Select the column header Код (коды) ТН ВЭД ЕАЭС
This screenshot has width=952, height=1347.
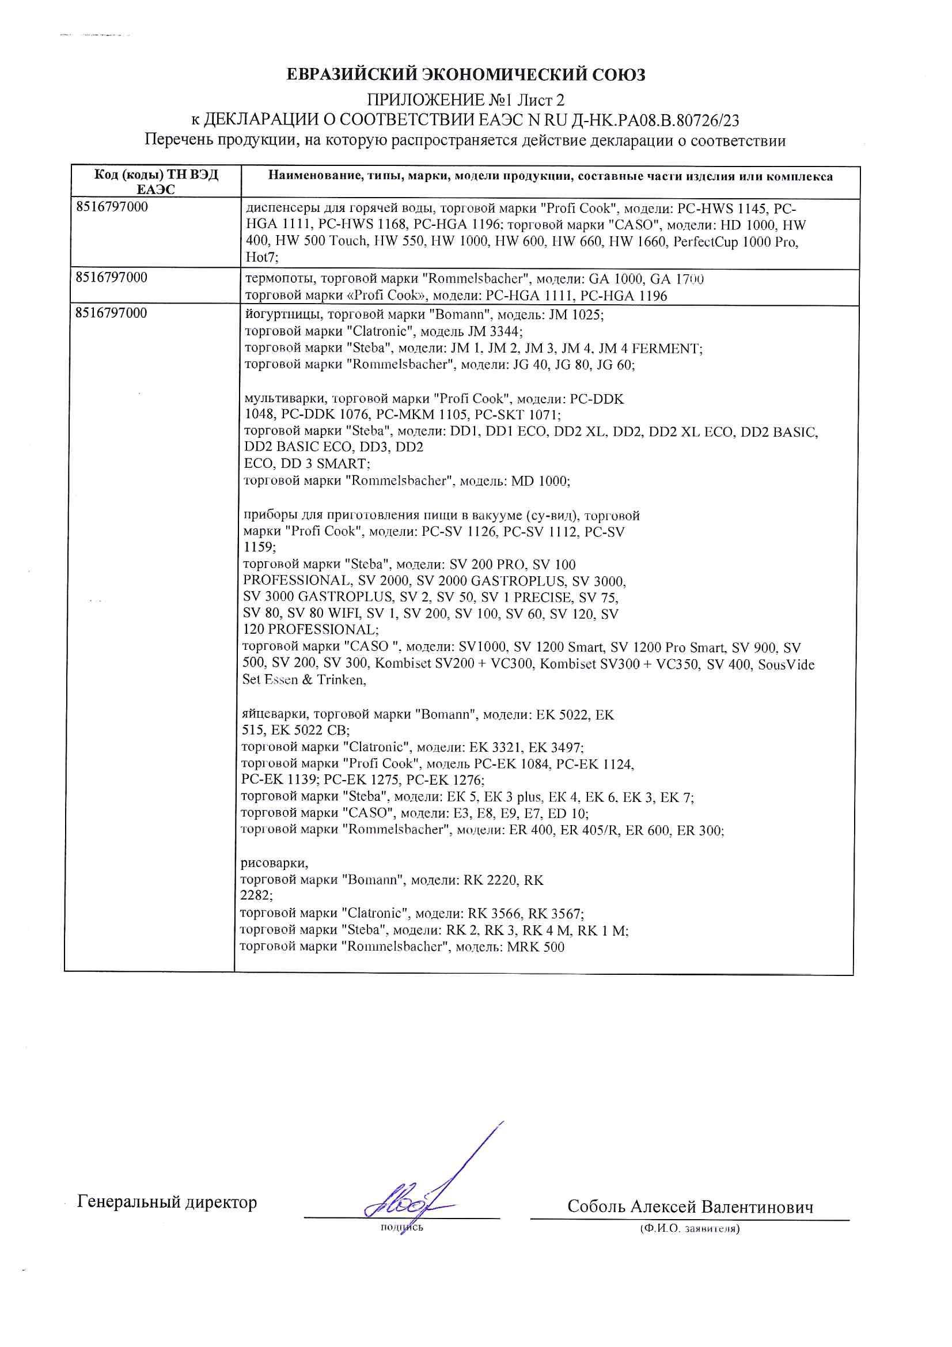pyautogui.click(x=155, y=182)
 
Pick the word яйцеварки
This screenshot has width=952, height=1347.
pyautogui.click(x=274, y=714)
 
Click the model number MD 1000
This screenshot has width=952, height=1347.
pyautogui.click(x=540, y=481)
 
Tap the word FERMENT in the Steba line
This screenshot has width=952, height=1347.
pyautogui.click(x=665, y=349)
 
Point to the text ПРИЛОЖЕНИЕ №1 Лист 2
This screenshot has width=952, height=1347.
pyautogui.click(x=465, y=99)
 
